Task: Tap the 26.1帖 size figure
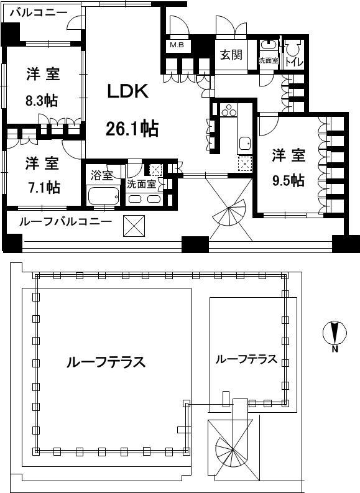[x=131, y=129]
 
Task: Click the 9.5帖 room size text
[x=288, y=180]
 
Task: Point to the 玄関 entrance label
[x=230, y=55]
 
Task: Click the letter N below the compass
[x=334, y=349]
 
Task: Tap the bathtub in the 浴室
[x=103, y=196]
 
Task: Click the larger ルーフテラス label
[x=106, y=362]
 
